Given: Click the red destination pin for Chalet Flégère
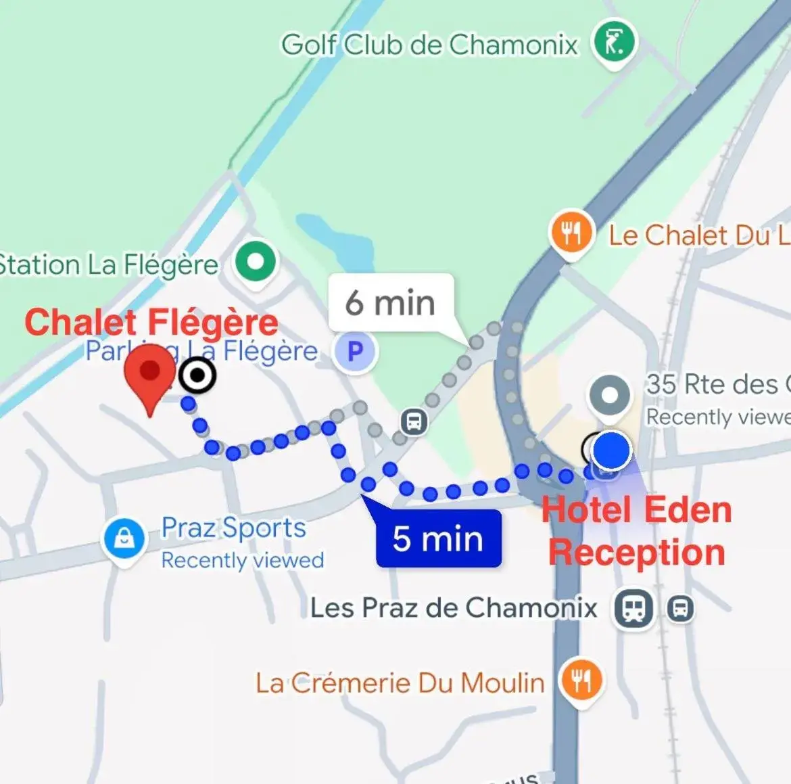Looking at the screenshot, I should [x=149, y=374].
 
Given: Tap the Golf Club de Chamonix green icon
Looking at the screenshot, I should [x=614, y=42].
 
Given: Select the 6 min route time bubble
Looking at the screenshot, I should [x=390, y=303].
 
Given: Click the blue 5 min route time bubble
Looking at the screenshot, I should [x=438, y=539].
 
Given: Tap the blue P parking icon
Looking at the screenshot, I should [x=355, y=352].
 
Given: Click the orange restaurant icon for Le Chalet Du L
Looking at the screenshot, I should [x=571, y=233].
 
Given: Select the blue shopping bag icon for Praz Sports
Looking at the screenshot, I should [x=124, y=539].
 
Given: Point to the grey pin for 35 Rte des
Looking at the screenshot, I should [x=610, y=394].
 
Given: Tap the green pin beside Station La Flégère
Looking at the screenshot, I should [x=256, y=261].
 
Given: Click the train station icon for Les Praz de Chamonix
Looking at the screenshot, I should [x=633, y=607].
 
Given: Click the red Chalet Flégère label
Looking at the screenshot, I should [x=151, y=322].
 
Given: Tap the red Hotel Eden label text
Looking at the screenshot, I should [x=637, y=510].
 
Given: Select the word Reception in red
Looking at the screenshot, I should [x=637, y=553].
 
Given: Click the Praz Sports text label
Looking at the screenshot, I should [x=233, y=528].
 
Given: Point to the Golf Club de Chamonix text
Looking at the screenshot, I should [x=430, y=45].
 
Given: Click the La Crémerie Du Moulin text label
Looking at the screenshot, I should [x=400, y=683].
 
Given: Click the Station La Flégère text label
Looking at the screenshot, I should [x=108, y=264].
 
